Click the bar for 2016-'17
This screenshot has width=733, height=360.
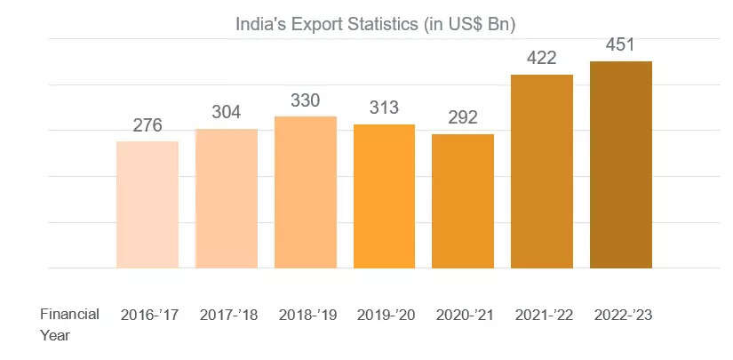[x=147, y=204]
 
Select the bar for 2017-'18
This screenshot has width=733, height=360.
[x=227, y=198]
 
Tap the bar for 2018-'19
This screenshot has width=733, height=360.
[x=306, y=192]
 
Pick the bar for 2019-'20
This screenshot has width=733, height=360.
[x=385, y=196]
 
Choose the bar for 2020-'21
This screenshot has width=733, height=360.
[x=463, y=201]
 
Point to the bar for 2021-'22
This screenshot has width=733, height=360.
[x=542, y=171]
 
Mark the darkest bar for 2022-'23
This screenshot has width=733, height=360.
[x=621, y=164]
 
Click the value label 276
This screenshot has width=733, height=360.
[x=147, y=125]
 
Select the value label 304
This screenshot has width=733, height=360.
[x=227, y=113]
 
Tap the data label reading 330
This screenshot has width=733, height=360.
[x=306, y=100]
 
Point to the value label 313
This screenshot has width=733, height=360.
[x=385, y=108]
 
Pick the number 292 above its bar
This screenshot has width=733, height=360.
[x=463, y=117]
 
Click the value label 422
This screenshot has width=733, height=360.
[x=542, y=59]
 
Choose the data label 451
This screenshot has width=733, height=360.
[x=621, y=45]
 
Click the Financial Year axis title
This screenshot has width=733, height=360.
[x=68, y=324]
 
